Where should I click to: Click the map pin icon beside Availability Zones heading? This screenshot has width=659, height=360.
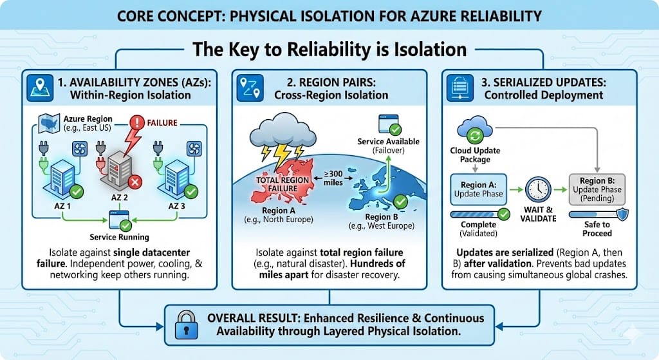40,88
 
